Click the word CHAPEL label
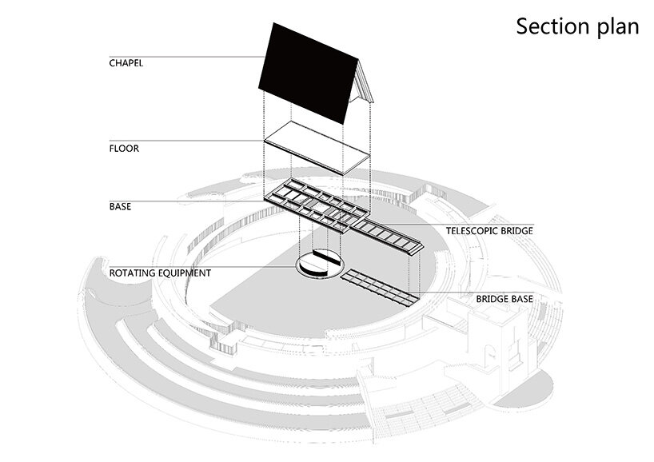pos(126,62)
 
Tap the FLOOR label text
pos(124,148)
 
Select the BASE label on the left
pos(121,206)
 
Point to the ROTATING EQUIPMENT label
pos(160,273)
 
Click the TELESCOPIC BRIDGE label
pos(489,231)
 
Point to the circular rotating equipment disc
pos(318,267)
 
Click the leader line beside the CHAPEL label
pos(200,56)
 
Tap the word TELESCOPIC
pos(472,231)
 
